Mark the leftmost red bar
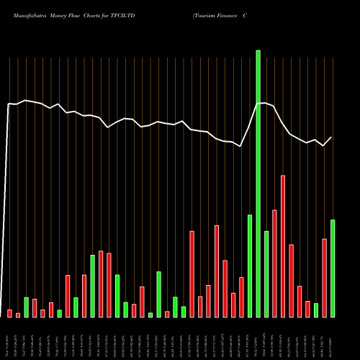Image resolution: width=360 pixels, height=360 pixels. [x=10, y=313]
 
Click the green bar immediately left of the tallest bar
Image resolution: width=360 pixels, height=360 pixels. [x=250, y=266]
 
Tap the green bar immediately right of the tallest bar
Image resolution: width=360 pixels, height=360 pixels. [x=266, y=274]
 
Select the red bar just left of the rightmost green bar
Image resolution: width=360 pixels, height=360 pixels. [x=324, y=278]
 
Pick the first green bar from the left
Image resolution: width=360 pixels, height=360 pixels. [x=27, y=307]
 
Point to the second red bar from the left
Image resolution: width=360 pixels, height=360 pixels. [x=18, y=315]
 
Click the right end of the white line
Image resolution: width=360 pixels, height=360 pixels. [x=332, y=138]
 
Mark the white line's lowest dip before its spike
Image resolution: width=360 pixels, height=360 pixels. [x=241, y=146]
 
